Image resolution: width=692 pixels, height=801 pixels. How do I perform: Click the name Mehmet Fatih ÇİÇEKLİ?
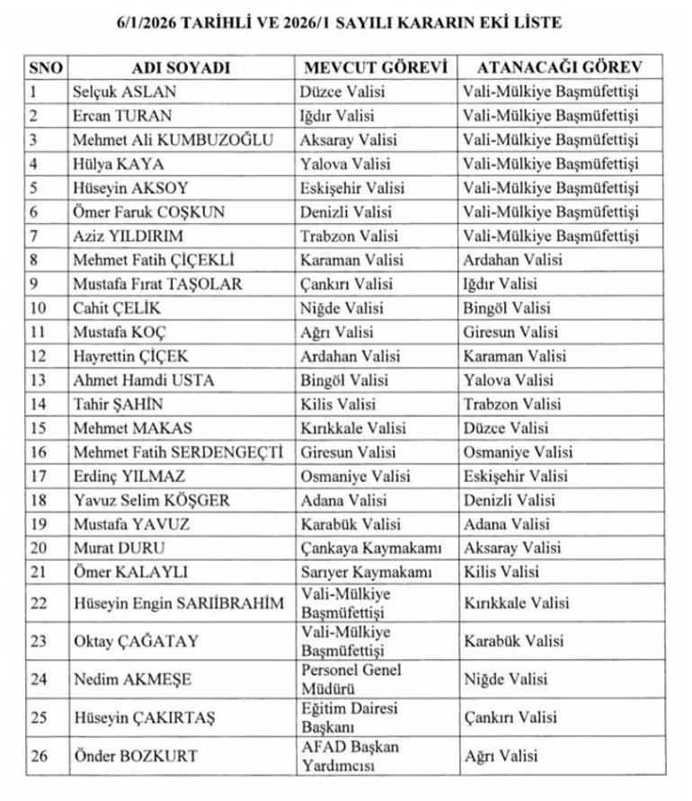pyautogui.click(x=153, y=261)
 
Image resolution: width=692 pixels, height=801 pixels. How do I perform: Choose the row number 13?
pyautogui.click(x=38, y=380)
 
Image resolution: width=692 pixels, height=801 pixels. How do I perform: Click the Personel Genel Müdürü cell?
pyautogui.click(x=350, y=679)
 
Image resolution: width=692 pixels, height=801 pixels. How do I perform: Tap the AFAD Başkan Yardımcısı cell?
pyautogui.click(x=350, y=756)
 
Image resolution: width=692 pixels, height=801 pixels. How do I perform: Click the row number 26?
pyautogui.click(x=38, y=756)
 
